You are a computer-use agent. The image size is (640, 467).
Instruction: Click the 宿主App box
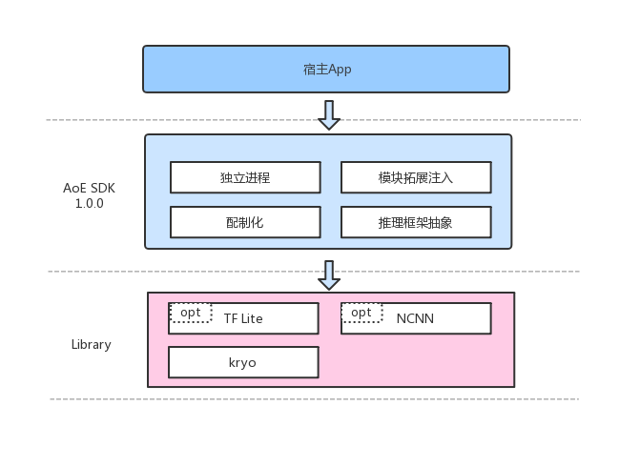click(326, 70)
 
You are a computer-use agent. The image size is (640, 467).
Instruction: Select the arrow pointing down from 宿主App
click(329, 114)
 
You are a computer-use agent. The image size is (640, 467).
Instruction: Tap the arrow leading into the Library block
click(329, 274)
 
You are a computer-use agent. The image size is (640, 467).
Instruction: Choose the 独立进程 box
click(245, 177)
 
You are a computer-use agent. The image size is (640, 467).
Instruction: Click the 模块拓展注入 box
click(416, 177)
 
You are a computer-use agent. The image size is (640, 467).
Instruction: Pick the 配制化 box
click(245, 222)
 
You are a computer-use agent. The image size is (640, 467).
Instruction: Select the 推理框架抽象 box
click(416, 222)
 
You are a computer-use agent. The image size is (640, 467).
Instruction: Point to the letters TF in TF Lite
click(230, 318)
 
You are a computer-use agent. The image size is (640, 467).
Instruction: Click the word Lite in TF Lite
click(252, 318)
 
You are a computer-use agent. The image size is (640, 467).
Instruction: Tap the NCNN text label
click(415, 318)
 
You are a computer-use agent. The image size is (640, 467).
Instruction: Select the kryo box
click(243, 363)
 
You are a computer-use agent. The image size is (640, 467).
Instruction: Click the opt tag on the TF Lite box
click(191, 313)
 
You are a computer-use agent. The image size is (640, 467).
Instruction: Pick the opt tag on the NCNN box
click(361, 313)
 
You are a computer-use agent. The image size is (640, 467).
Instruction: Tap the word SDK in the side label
click(102, 188)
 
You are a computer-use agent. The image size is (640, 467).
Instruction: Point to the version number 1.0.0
click(89, 204)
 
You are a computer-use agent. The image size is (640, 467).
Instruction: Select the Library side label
click(91, 344)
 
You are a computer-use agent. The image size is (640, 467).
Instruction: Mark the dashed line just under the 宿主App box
click(191, 120)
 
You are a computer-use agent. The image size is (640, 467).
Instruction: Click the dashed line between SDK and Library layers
click(191, 272)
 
